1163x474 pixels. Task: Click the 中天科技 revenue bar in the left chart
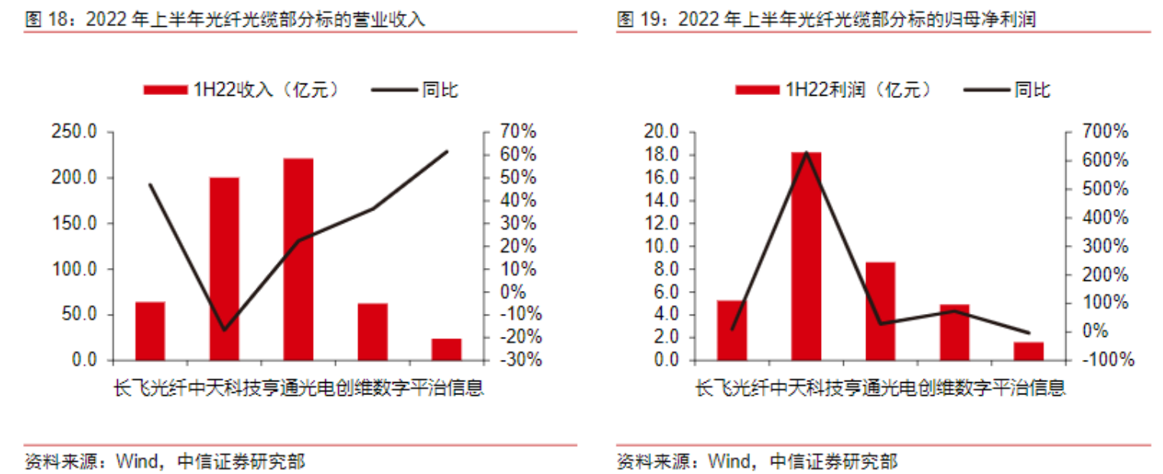pyautogui.click(x=224, y=268)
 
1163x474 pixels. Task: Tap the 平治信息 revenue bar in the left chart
pyautogui.click(x=446, y=349)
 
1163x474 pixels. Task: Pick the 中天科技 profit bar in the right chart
pyautogui.click(x=806, y=256)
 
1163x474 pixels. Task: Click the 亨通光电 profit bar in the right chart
pyautogui.click(x=880, y=311)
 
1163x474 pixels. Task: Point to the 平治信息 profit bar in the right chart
pyautogui.click(x=1028, y=351)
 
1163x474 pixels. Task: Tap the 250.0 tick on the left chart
pyautogui.click(x=73, y=132)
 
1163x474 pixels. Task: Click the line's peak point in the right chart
pyautogui.click(x=806, y=152)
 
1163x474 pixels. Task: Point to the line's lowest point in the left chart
pyautogui.click(x=224, y=330)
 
